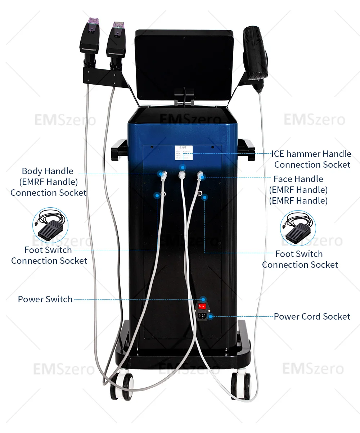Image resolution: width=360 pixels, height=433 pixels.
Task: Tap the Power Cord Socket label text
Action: (312, 317)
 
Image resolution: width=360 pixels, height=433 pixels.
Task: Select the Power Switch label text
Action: (45, 299)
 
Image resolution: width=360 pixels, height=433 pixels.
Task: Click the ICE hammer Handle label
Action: (312, 159)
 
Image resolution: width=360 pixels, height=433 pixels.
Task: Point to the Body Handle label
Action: (48, 182)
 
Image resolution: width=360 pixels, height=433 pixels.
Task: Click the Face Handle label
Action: (298, 189)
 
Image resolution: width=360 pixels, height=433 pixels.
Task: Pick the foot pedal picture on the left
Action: (50, 225)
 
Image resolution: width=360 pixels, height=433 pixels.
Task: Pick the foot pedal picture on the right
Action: (298, 229)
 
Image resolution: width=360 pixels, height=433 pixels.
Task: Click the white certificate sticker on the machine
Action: (184, 153)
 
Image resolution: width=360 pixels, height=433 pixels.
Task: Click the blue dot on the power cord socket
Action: (211, 317)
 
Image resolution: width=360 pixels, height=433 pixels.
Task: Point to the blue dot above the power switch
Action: (203, 299)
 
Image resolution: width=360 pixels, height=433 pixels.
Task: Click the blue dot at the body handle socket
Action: (160, 175)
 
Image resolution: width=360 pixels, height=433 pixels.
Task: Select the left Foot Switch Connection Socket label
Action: (49, 255)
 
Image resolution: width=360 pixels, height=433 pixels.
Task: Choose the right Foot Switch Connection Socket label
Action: (300, 259)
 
